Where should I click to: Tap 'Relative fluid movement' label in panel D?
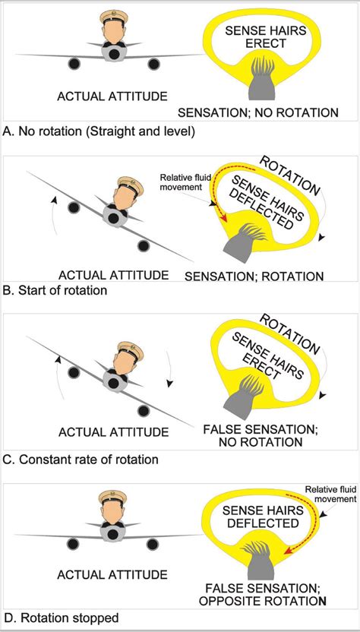329,495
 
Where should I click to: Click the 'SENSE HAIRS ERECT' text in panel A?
263,36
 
